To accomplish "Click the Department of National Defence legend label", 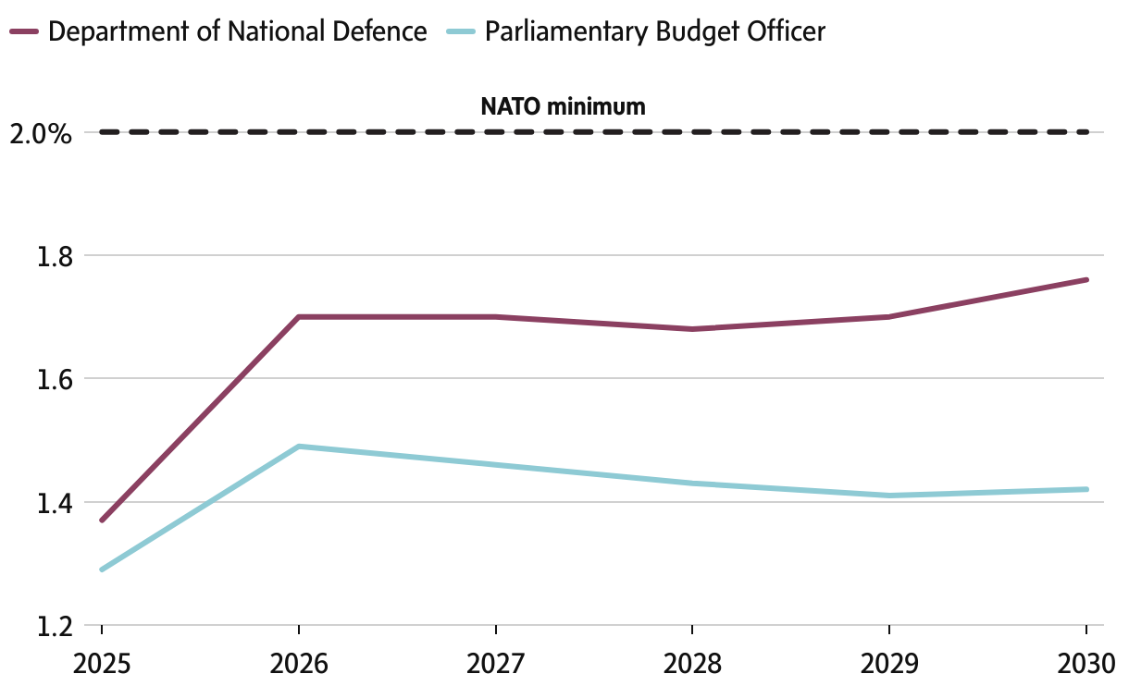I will pyautogui.click(x=237, y=31).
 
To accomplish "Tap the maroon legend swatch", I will pyautogui.click(x=23, y=31).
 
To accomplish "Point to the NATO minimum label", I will pyautogui.click(x=563, y=106).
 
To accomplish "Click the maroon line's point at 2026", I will pyautogui.click(x=298, y=317).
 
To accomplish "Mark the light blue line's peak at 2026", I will pyautogui.click(x=298, y=447).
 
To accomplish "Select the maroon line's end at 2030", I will pyautogui.click(x=1086, y=279).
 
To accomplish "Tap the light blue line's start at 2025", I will pyautogui.click(x=101, y=570).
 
